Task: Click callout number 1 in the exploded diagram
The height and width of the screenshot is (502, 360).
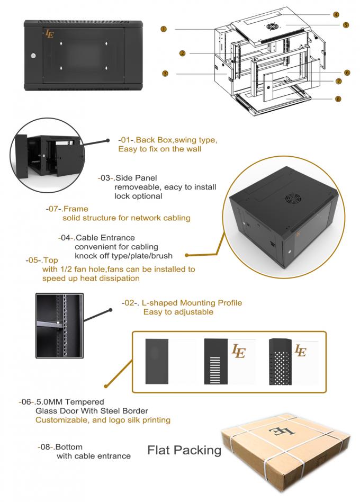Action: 164,29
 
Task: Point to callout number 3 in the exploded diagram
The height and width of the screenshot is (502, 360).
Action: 165,74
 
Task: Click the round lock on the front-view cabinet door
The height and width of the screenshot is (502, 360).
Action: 33,55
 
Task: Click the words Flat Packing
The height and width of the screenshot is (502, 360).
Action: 184,451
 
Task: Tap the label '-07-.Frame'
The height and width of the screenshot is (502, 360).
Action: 67,209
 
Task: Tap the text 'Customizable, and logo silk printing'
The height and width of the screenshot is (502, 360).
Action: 103,420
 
